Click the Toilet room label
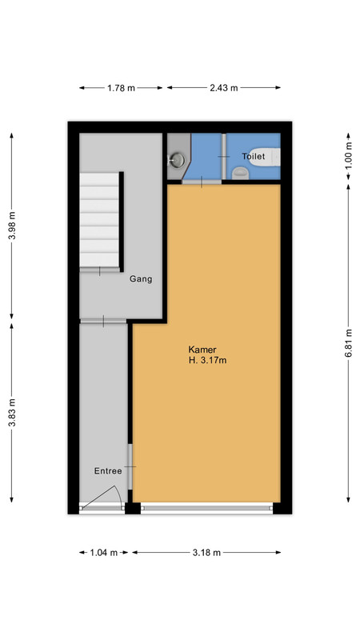(x=253, y=156)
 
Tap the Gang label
(x=141, y=279)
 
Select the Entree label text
(x=108, y=471)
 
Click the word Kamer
(x=202, y=350)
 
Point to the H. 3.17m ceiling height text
(x=207, y=361)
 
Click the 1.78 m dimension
(x=122, y=88)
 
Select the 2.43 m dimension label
(x=224, y=88)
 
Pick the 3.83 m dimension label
(x=12, y=413)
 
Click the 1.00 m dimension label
(x=348, y=156)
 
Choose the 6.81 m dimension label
(x=348, y=343)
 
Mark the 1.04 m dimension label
(x=104, y=553)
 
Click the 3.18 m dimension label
(x=206, y=553)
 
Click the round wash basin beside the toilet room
(x=178, y=159)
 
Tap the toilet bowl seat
(x=241, y=174)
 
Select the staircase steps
(x=99, y=220)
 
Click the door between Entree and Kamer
(x=130, y=466)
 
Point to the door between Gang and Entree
(x=103, y=322)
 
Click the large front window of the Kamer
(x=206, y=508)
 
